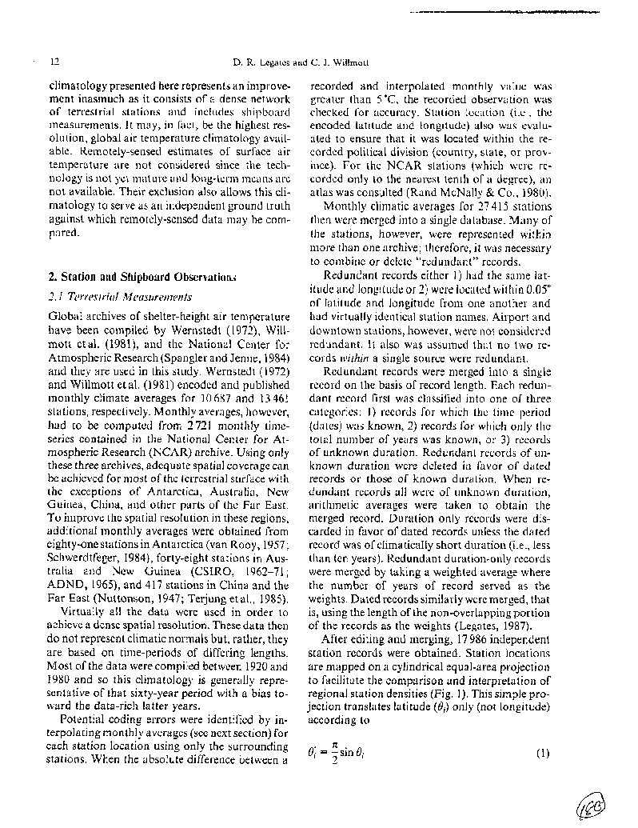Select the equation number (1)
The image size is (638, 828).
pyautogui.click(x=543, y=752)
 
